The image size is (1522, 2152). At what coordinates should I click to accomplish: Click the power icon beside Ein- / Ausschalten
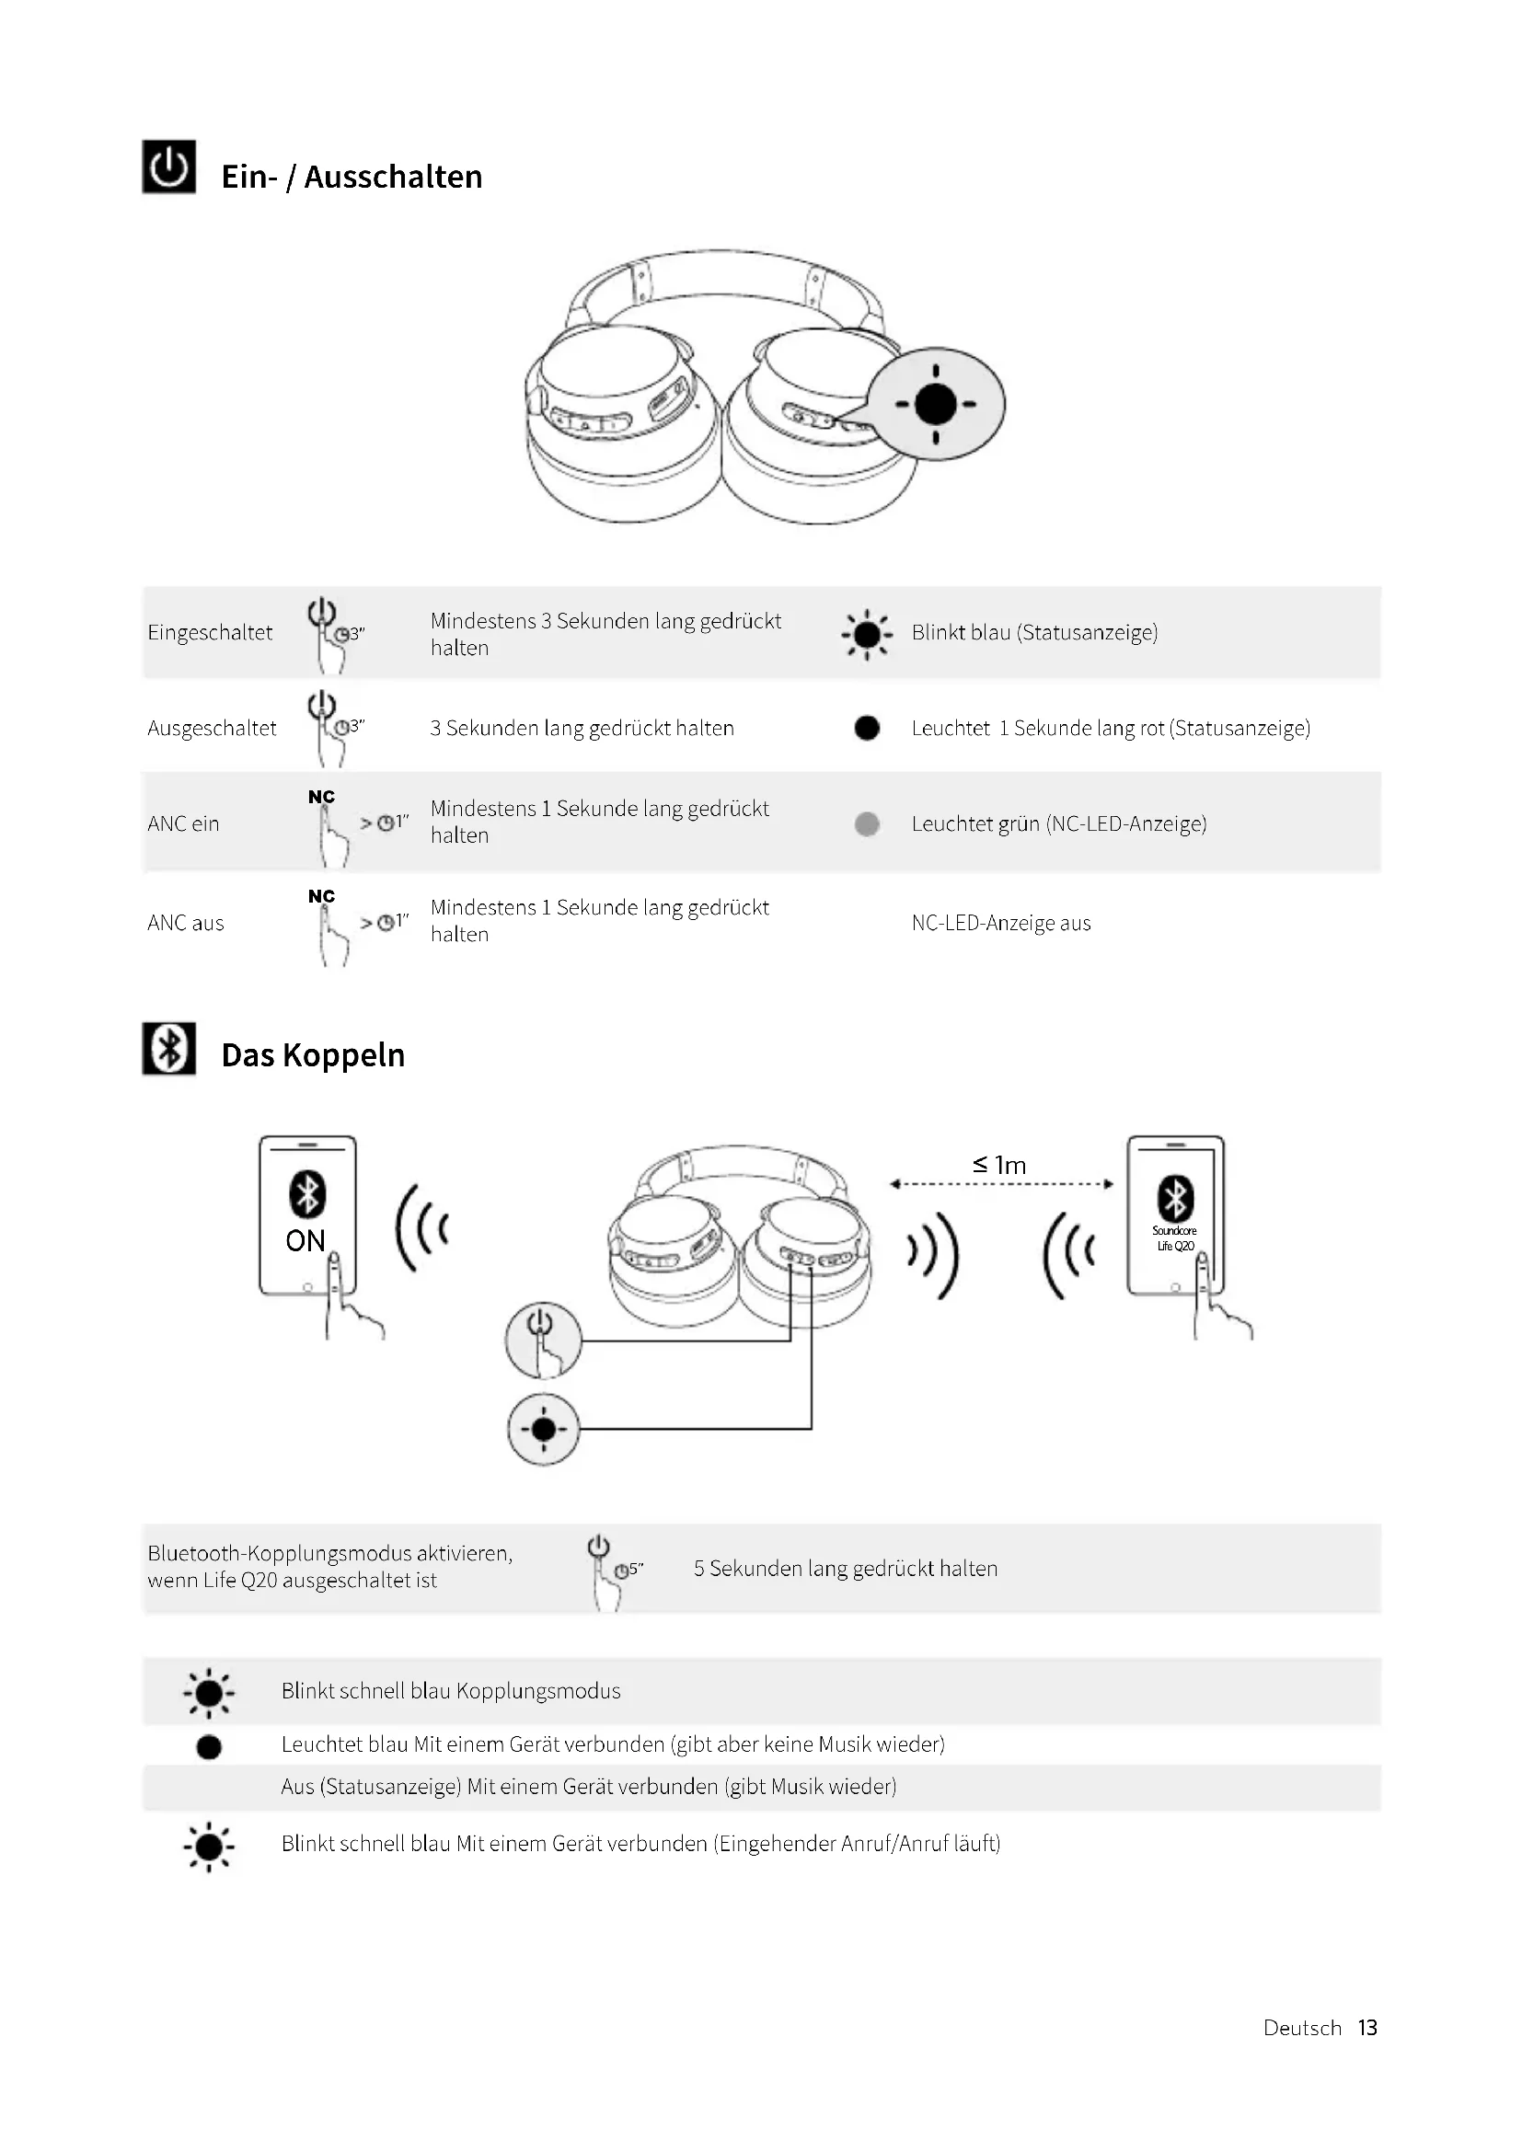(x=168, y=167)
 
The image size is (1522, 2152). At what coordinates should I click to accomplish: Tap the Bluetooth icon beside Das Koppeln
(x=168, y=1048)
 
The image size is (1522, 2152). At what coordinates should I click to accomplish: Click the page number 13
(x=1367, y=2028)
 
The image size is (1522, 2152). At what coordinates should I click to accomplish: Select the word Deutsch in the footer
(x=1302, y=2028)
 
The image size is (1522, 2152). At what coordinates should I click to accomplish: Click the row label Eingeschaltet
(x=210, y=633)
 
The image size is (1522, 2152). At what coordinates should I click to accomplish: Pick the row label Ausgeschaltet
(x=212, y=729)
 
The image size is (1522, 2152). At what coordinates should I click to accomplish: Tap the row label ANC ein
(x=184, y=823)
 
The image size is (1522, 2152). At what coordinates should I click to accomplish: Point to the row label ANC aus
(x=186, y=923)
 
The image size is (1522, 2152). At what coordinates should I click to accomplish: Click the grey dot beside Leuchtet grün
(x=867, y=823)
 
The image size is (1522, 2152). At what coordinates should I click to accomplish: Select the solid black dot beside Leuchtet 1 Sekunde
(x=867, y=729)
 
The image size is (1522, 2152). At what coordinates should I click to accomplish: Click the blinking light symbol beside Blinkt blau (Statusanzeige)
(x=867, y=635)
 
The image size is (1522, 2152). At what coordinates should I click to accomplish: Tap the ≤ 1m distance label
(x=999, y=1165)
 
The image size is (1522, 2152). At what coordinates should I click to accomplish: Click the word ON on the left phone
(x=306, y=1241)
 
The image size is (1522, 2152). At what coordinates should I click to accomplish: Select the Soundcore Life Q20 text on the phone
(x=1174, y=1238)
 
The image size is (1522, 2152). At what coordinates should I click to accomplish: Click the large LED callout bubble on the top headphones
(x=935, y=405)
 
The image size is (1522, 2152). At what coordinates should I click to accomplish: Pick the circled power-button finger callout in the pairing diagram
(x=543, y=1341)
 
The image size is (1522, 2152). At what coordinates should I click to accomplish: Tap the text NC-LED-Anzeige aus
(x=1001, y=923)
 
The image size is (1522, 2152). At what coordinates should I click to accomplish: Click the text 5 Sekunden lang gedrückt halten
(x=846, y=1569)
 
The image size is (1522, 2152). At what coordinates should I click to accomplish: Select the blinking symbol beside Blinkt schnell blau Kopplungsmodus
(x=209, y=1694)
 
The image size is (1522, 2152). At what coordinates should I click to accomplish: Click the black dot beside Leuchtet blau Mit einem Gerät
(x=209, y=1747)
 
